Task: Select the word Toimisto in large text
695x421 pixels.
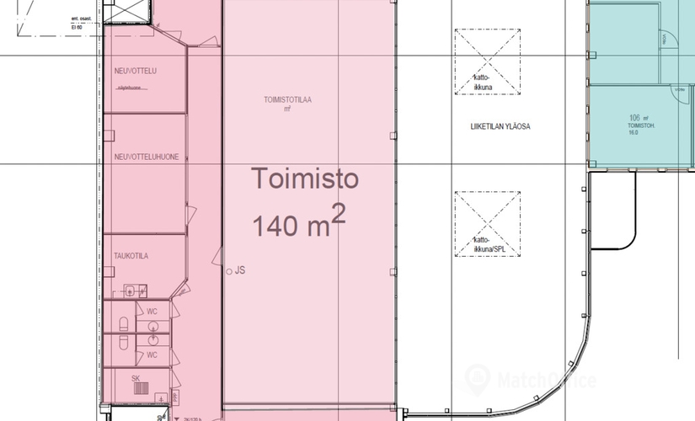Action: click(307, 179)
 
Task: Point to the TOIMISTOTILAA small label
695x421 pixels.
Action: click(287, 99)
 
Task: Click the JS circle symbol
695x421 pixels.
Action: click(230, 271)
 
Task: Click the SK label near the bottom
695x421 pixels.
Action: click(135, 379)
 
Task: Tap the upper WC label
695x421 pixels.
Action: click(152, 312)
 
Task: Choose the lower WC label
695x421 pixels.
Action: click(152, 354)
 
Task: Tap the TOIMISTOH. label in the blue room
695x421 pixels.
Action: click(638, 127)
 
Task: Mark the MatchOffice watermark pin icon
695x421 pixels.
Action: click(478, 379)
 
